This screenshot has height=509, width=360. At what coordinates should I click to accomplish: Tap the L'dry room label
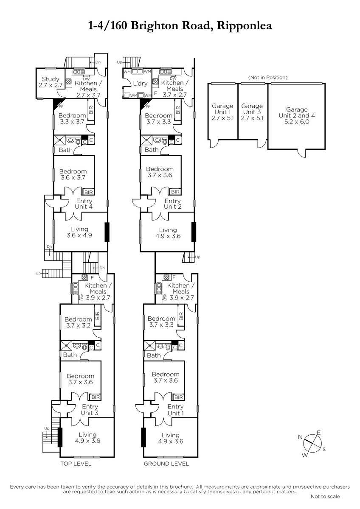pos(140,84)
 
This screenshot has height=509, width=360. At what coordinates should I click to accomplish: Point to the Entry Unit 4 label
pos(84,204)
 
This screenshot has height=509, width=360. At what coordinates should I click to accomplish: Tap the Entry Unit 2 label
pos(173,204)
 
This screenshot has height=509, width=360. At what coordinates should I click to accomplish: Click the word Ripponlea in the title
pos(245,26)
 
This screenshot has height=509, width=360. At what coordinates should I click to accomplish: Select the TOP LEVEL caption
pos(76,464)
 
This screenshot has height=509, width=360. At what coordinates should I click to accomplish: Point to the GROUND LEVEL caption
pos(166,464)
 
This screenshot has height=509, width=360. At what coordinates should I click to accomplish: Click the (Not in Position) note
pos(268,78)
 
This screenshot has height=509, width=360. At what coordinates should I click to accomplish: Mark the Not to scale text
pos(325,497)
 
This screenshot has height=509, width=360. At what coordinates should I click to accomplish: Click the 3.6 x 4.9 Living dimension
pos(79,235)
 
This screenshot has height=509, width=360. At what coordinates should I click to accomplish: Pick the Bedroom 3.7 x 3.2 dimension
pos(78,325)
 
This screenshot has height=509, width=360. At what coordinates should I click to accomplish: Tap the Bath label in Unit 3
pos(70,355)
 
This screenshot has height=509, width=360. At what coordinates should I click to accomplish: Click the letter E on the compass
pos(319,433)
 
